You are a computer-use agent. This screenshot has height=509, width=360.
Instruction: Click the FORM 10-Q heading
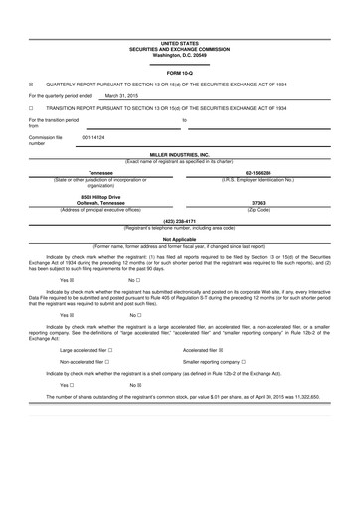(180, 73)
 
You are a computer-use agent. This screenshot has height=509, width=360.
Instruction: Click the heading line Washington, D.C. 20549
(180, 55)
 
